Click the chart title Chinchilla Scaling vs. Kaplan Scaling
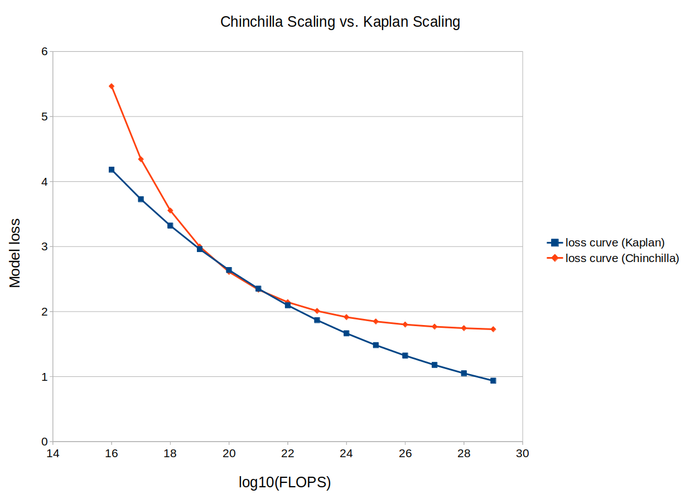(340, 22)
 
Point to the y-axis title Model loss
(15, 253)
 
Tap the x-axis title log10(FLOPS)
(284, 482)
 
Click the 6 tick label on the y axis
(44, 51)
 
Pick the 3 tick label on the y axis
(44, 246)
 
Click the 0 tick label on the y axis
(44, 442)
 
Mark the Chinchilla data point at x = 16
(112, 86)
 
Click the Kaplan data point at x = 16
(112, 169)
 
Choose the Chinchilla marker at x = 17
(141, 159)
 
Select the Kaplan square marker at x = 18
(170, 225)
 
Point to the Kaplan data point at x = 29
(493, 381)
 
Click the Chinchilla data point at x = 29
(493, 329)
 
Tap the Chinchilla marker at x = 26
(405, 324)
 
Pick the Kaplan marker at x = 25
(376, 345)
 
